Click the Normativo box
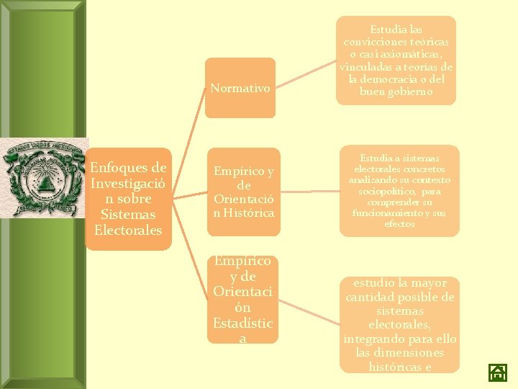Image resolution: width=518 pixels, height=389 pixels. (240, 88)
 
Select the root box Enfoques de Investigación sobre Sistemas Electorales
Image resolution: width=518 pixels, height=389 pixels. (128, 199)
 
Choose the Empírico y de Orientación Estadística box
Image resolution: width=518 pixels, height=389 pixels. (242, 299)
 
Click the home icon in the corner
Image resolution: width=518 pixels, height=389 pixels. (498, 372)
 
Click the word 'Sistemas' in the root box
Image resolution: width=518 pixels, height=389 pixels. (128, 215)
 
